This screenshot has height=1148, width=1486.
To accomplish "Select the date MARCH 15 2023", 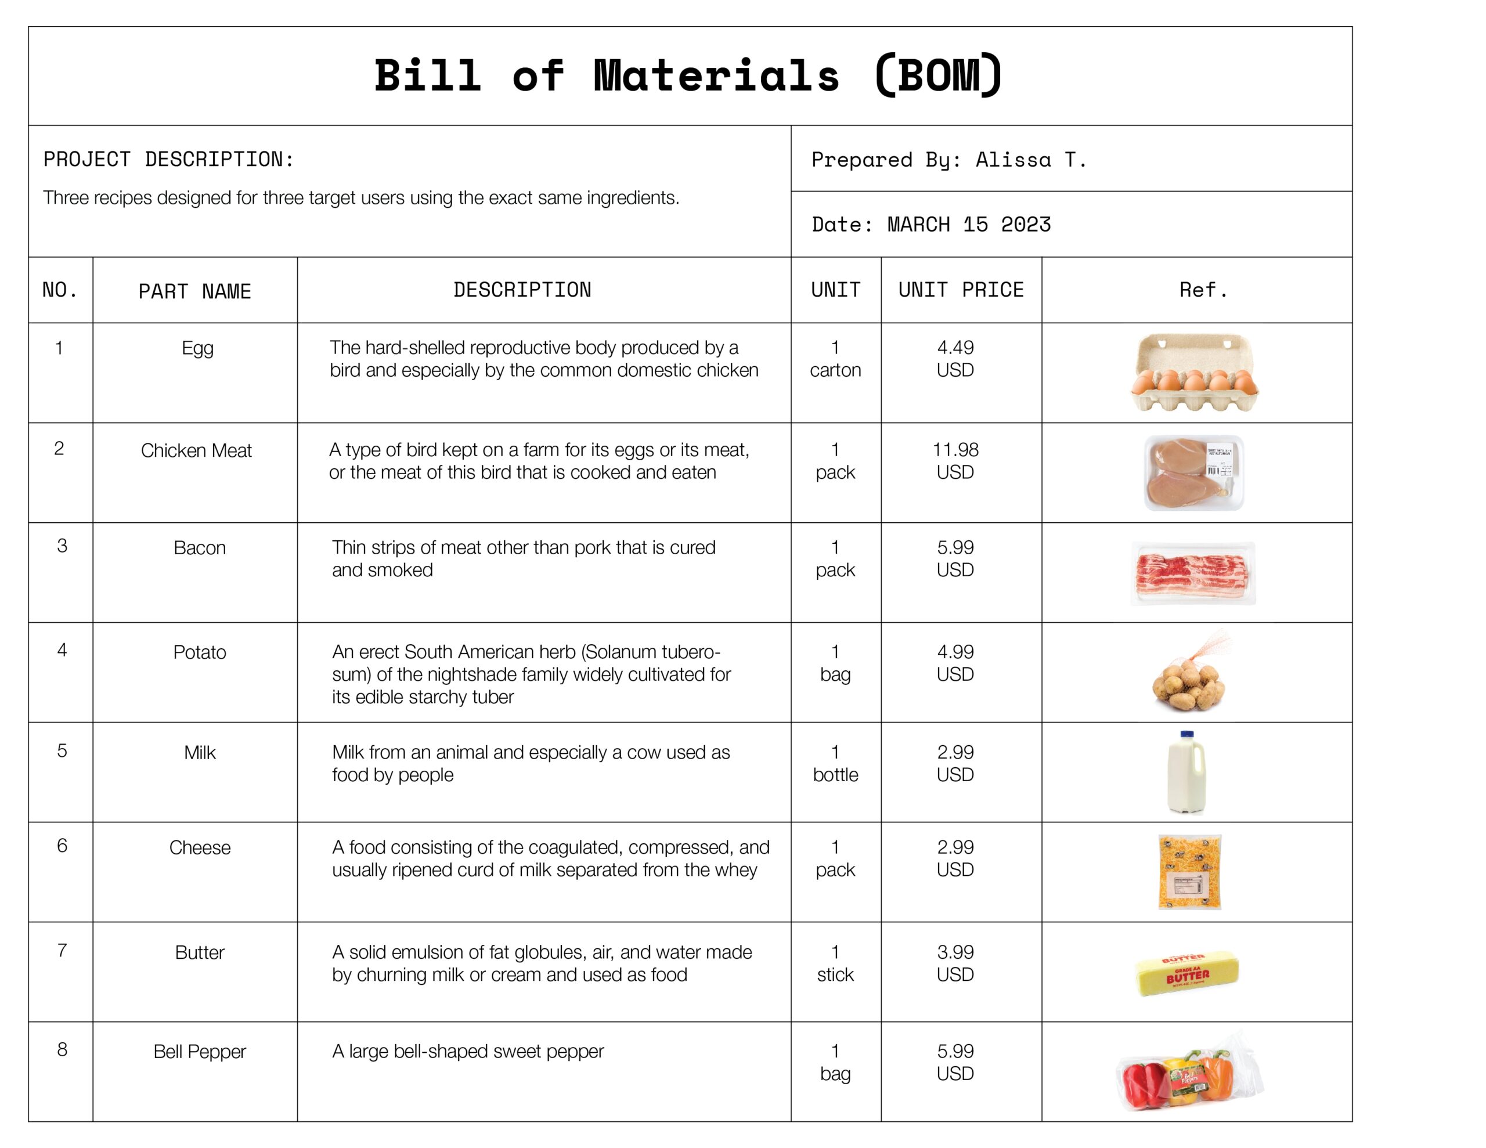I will (x=969, y=225).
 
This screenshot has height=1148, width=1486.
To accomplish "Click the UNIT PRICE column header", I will (x=961, y=290).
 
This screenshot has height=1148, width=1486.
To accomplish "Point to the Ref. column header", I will (x=1203, y=290).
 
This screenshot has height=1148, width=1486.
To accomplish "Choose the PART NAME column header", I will (x=194, y=291).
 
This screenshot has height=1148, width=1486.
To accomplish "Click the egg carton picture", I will (x=1194, y=373).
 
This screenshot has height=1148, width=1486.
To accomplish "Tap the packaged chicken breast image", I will (x=1193, y=473).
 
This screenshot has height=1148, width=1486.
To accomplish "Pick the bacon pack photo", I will (x=1193, y=573).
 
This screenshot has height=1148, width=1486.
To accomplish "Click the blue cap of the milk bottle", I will (x=1186, y=735).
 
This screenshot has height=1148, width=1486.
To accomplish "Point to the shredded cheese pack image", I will (x=1189, y=872).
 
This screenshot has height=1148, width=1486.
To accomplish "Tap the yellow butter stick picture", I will (x=1187, y=974).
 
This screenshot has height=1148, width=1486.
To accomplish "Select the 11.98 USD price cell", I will (x=955, y=461).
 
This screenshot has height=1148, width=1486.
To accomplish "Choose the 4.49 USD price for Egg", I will (x=955, y=359).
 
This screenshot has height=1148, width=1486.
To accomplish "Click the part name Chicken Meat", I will (x=196, y=450).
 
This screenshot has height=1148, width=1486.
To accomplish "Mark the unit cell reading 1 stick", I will (x=835, y=963).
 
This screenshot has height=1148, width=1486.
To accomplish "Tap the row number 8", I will (x=62, y=1049).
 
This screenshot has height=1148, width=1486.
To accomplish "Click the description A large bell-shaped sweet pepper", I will (x=468, y=1052).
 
